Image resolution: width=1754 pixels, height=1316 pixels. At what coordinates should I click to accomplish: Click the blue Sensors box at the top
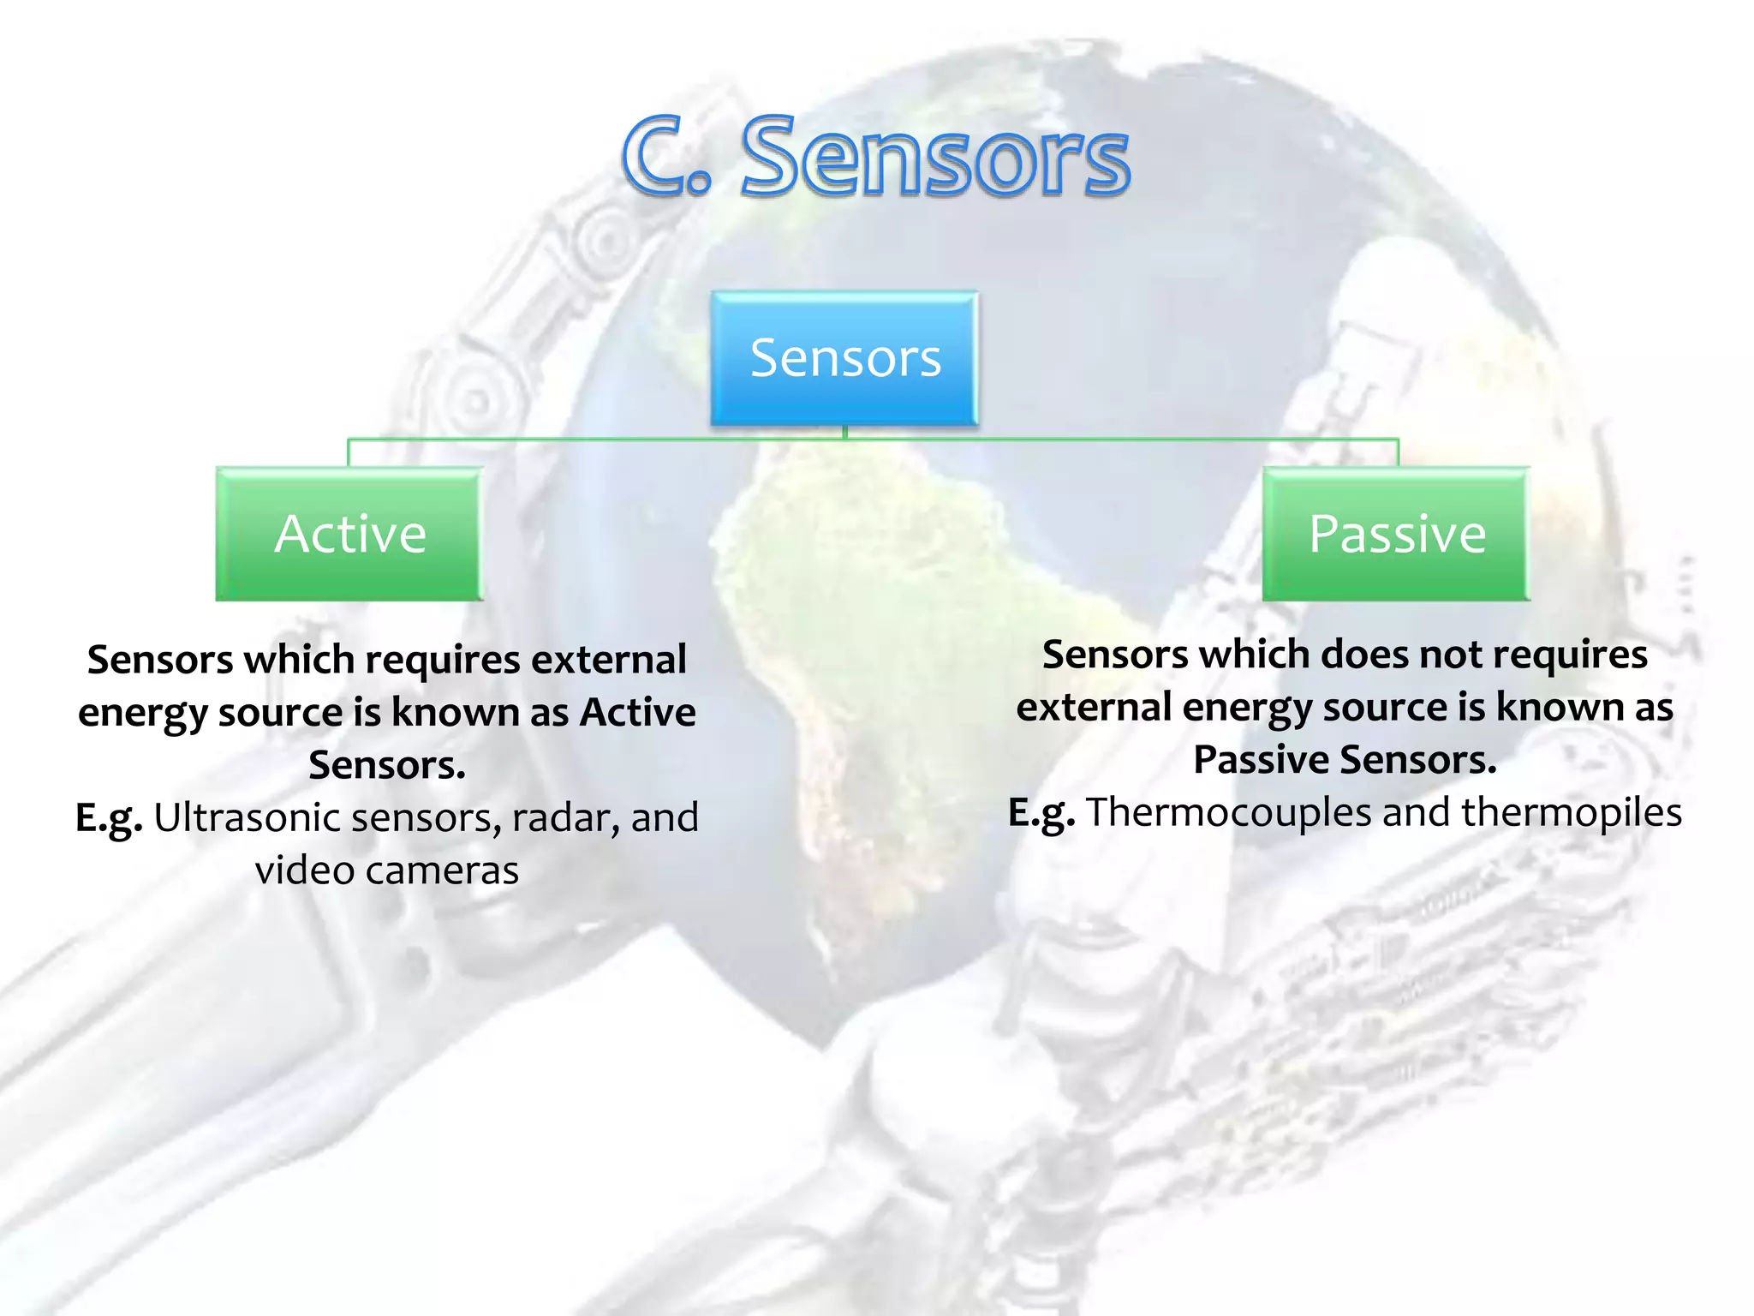coord(844,357)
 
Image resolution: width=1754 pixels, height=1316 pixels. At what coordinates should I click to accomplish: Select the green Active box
coord(349,534)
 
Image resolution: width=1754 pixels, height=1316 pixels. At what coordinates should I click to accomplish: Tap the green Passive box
coord(1396,534)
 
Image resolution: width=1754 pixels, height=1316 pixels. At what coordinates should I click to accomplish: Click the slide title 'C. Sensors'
coord(875,157)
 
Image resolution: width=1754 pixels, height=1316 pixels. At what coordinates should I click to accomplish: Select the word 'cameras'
coord(442,870)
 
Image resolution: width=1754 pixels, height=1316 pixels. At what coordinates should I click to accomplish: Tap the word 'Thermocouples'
coord(1228,812)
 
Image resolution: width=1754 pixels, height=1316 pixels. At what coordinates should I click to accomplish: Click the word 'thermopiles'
coord(1572,812)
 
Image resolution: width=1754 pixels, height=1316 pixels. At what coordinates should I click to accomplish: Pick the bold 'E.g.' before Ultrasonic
coord(109,818)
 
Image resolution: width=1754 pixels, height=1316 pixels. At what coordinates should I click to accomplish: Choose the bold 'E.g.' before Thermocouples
coord(1041,813)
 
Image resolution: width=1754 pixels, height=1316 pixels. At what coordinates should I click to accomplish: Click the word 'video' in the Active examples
coord(304,870)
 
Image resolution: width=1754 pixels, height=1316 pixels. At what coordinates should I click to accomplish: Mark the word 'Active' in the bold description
coord(638,712)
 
